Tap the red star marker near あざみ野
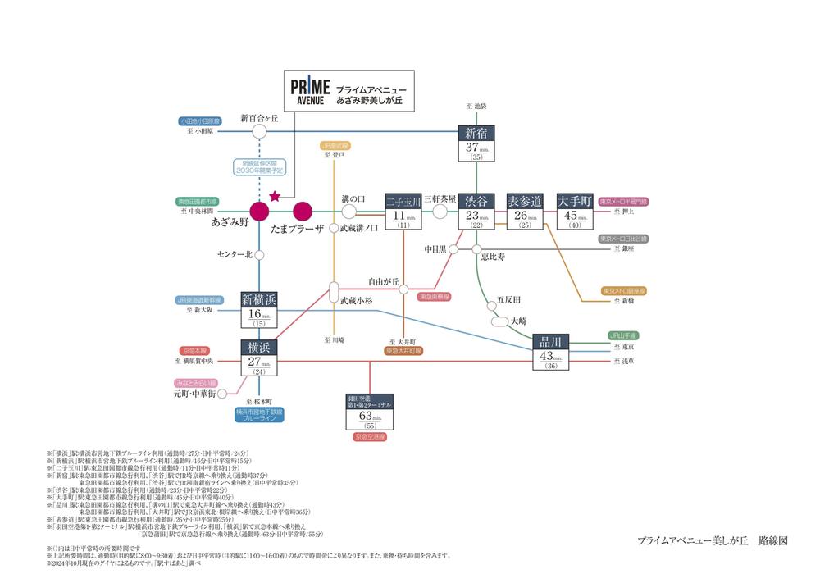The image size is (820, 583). [x=274, y=196]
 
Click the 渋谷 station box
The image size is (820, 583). [x=476, y=211]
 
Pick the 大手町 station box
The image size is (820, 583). [x=574, y=211]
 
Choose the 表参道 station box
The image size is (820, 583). [x=525, y=211]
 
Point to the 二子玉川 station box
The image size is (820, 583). [x=403, y=211]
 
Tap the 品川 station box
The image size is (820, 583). [x=550, y=352]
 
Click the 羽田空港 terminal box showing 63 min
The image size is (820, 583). [x=370, y=412]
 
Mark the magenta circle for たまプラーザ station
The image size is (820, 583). [x=303, y=211]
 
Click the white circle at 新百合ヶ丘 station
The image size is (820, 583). [x=259, y=131]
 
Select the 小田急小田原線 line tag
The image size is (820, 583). [x=199, y=121]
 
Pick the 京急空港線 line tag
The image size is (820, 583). [x=370, y=437]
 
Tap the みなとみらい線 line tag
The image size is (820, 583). [x=194, y=383]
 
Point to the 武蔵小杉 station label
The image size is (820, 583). [x=357, y=301]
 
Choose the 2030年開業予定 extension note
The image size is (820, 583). [x=259, y=166]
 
